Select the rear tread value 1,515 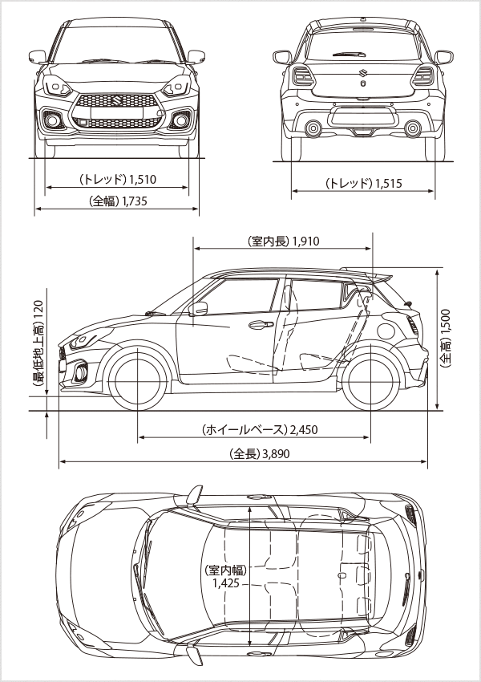[x=388, y=184]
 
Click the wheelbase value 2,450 [x=304, y=429]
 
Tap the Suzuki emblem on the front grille [x=117, y=102]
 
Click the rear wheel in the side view [x=370, y=377]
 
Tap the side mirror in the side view [x=200, y=309]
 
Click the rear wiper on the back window [x=346, y=55]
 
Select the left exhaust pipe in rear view [x=313, y=127]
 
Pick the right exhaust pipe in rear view [x=412, y=127]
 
